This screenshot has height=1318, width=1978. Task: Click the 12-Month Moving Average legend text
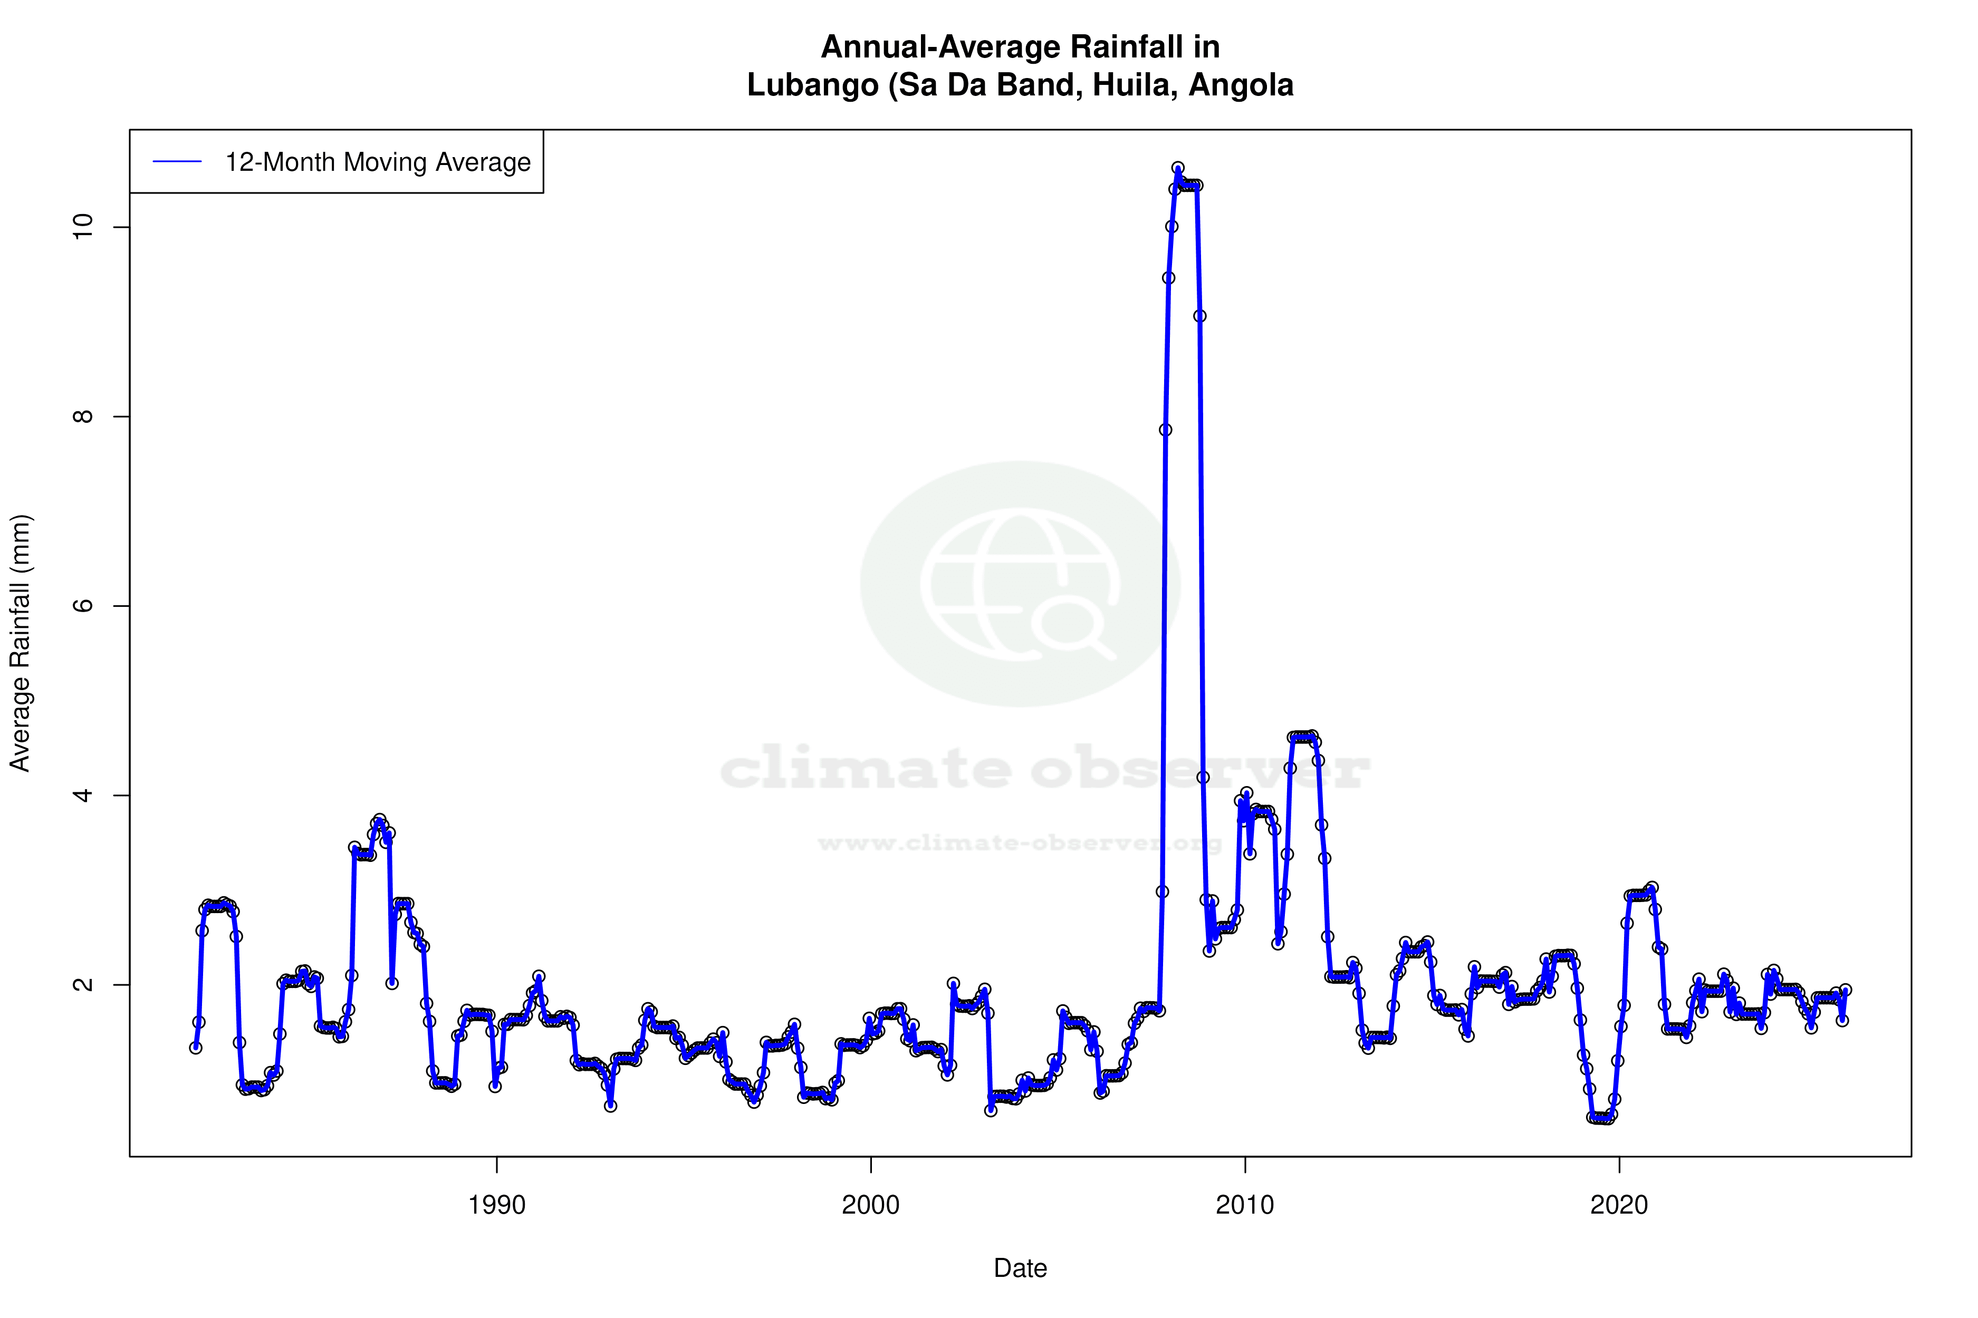click(378, 162)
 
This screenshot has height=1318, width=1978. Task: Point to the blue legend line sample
click(177, 162)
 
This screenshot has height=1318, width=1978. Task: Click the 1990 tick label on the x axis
click(496, 1205)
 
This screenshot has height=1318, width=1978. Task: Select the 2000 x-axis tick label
click(870, 1205)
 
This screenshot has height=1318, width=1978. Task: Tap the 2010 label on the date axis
click(1245, 1205)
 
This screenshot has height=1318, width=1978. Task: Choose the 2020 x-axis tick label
click(1619, 1205)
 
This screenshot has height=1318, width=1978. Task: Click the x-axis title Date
click(1020, 1268)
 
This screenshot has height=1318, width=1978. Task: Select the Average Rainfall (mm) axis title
click(20, 643)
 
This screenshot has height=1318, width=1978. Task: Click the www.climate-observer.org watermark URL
click(1019, 843)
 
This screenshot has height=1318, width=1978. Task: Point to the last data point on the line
click(1845, 990)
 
